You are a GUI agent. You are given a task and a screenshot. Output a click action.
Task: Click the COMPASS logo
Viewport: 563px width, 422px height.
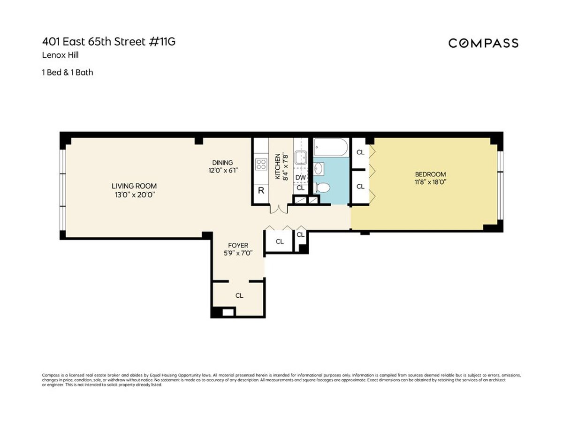tap(483, 43)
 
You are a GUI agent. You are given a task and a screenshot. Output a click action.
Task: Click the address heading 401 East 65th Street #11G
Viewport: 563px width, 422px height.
tap(109, 42)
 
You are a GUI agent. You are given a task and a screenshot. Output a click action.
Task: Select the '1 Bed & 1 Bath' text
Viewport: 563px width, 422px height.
tap(68, 72)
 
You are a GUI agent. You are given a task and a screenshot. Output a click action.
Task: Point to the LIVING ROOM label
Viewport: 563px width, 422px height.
tap(134, 186)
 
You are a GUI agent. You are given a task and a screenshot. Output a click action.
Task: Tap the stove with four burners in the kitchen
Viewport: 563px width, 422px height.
tap(261, 165)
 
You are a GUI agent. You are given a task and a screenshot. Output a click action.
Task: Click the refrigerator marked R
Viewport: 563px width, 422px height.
tap(261, 191)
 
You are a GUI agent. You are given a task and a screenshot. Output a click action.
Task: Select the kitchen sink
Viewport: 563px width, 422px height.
tap(301, 157)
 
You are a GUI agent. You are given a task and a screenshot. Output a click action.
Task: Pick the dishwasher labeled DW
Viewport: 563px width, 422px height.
tap(301, 178)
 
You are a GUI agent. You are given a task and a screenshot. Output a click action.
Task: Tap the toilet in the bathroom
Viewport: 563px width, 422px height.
tap(322, 188)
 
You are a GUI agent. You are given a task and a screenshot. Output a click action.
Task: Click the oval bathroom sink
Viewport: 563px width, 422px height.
tap(319, 168)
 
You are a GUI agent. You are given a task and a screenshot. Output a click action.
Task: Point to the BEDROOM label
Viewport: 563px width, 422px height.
tap(430, 174)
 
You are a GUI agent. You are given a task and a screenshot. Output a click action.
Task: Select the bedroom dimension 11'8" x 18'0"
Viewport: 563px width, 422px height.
tap(430, 182)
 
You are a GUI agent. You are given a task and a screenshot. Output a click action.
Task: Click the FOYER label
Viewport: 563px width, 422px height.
tap(238, 245)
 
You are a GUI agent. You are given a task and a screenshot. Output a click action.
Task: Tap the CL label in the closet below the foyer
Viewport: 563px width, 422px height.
tap(239, 295)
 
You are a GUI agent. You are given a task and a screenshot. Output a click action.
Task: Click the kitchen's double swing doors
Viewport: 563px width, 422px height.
tap(277, 209)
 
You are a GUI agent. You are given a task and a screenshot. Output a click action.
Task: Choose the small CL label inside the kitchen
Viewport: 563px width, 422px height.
tap(301, 188)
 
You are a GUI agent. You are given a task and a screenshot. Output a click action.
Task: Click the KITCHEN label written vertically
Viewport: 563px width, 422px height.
tap(278, 166)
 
